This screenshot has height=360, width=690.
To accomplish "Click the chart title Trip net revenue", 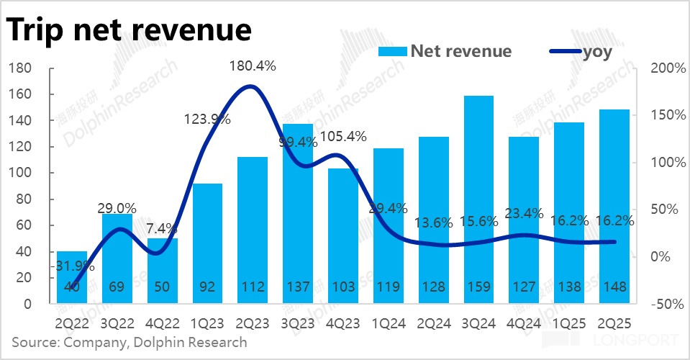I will pos(129,30).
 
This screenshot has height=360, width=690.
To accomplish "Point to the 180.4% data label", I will pos(252,66).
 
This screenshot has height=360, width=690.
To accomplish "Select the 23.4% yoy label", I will pos(524,213).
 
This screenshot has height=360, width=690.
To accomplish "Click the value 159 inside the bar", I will pos(478,286).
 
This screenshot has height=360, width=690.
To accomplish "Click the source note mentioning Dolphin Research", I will pos(130,342).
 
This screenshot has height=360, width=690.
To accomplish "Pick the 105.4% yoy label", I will pos(342,136).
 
